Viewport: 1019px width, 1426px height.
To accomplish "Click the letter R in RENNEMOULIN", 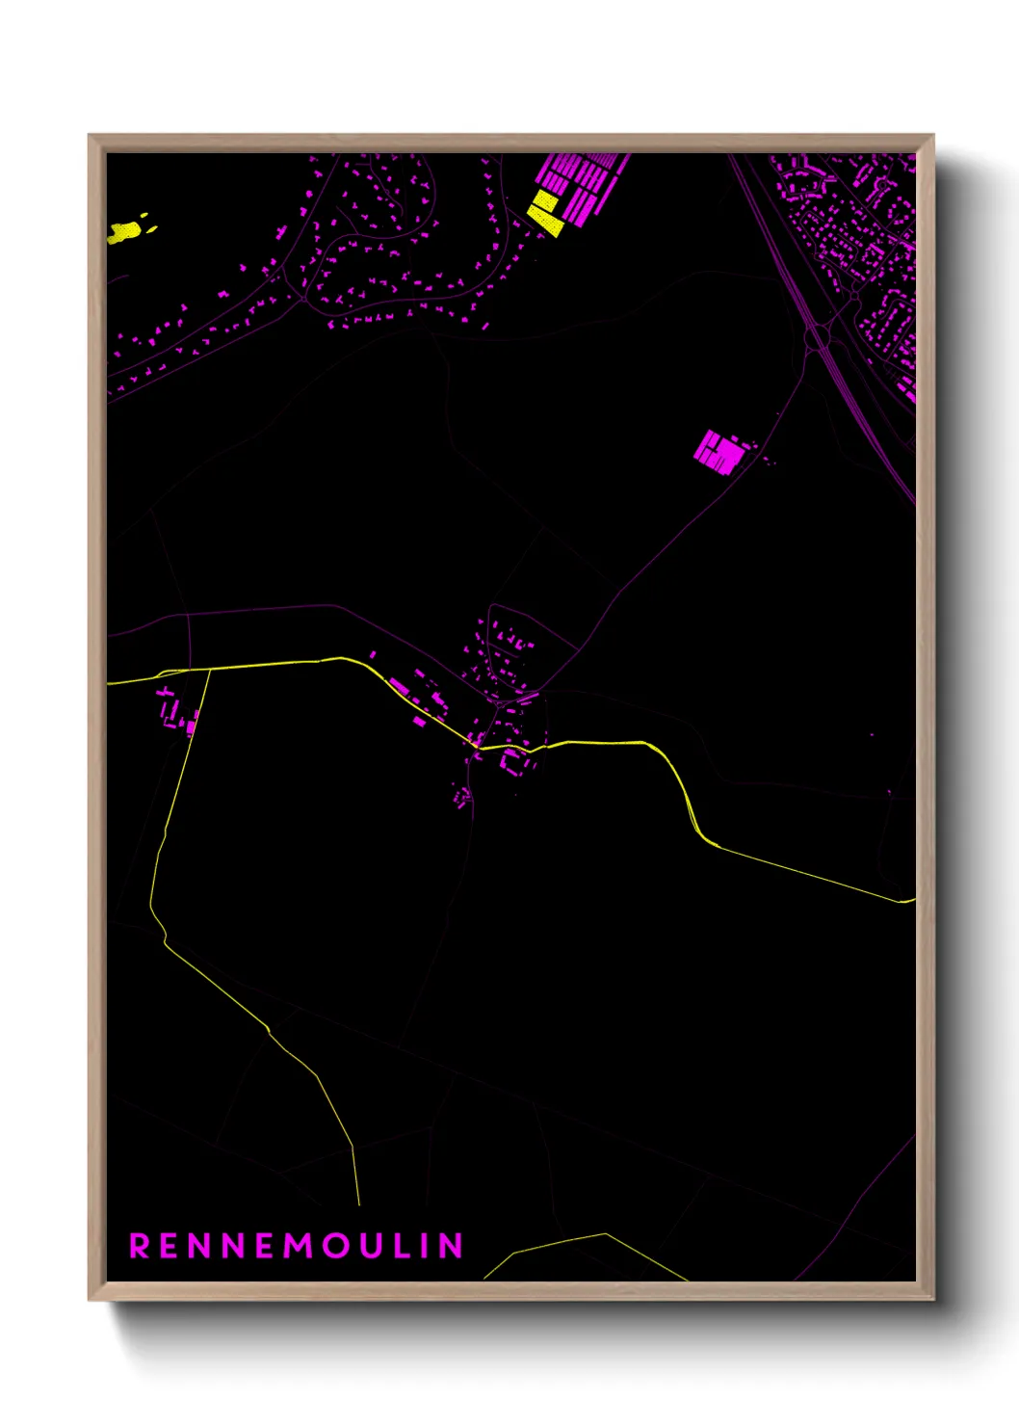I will (x=140, y=1246).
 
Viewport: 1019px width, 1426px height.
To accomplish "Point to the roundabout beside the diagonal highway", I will (x=819, y=336).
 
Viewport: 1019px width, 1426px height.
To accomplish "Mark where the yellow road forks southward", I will (x=209, y=669).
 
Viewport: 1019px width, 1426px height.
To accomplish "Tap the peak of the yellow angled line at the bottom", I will (x=605, y=1234).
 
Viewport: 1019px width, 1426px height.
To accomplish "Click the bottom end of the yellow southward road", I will (x=359, y=1204).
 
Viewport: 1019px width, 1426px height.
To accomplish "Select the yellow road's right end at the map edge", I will (x=912, y=901).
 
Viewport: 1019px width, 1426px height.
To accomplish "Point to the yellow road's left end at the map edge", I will (x=109, y=683).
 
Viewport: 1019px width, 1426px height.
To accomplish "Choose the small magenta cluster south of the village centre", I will (x=463, y=797).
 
